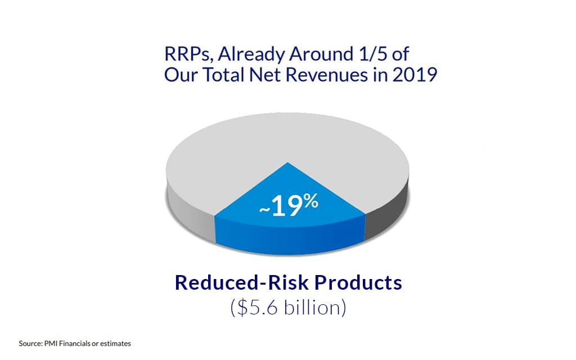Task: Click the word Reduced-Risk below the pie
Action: coord(237,282)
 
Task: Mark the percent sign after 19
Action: coord(310,201)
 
